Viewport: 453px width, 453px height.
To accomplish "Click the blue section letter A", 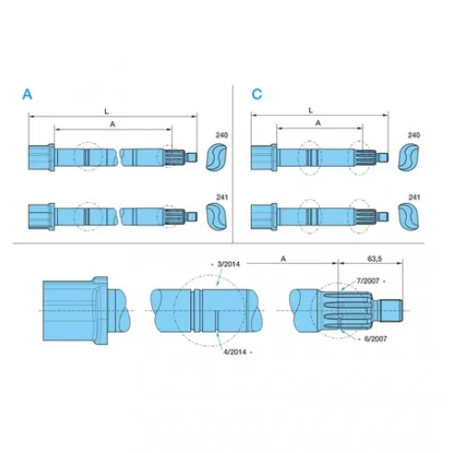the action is click(27, 94).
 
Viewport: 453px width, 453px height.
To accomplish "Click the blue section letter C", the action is click(256, 94).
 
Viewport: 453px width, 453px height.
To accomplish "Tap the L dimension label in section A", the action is click(106, 111).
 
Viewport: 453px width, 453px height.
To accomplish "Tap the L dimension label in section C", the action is click(311, 111).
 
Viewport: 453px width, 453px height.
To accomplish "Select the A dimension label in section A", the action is click(112, 124).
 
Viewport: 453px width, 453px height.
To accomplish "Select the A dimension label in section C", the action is click(318, 123).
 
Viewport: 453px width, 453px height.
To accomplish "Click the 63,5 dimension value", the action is click(374, 259).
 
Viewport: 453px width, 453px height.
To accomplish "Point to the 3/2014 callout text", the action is click(228, 265).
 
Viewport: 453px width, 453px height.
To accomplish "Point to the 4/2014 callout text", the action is click(235, 352).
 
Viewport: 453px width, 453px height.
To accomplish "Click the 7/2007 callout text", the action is click(368, 281).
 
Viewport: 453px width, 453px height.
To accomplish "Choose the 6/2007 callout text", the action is click(376, 339).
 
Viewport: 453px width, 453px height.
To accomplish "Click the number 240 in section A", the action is click(222, 135).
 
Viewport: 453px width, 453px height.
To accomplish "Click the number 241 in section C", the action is click(414, 198).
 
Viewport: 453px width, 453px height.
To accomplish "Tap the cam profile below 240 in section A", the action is click(217, 158).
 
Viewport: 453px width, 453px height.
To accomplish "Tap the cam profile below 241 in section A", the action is click(217, 217).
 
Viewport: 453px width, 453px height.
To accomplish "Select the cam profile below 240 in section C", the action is click(409, 158).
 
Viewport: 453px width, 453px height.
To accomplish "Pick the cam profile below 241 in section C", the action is click(409, 217).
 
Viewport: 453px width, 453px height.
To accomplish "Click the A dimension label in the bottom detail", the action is click(284, 259).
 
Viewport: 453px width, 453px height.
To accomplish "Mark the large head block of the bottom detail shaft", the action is click(69, 311).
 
